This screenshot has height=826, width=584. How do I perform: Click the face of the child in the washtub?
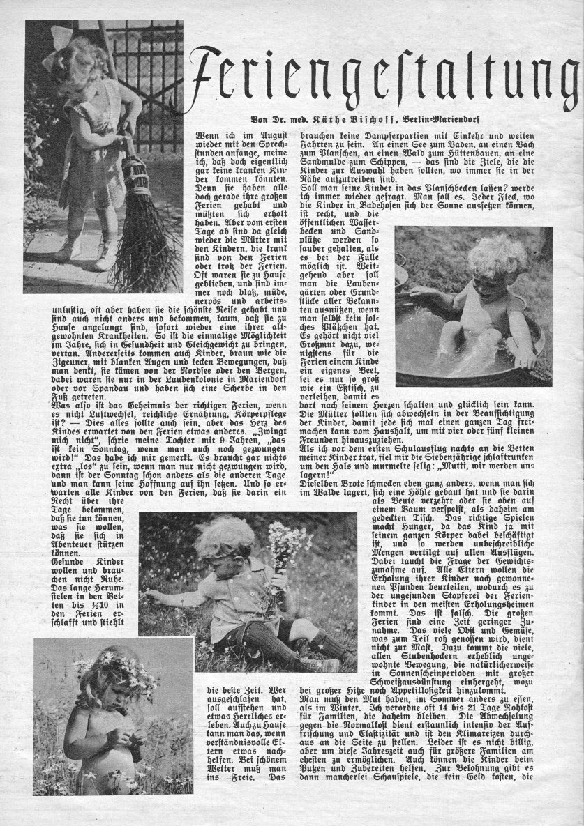click(x=482, y=275)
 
